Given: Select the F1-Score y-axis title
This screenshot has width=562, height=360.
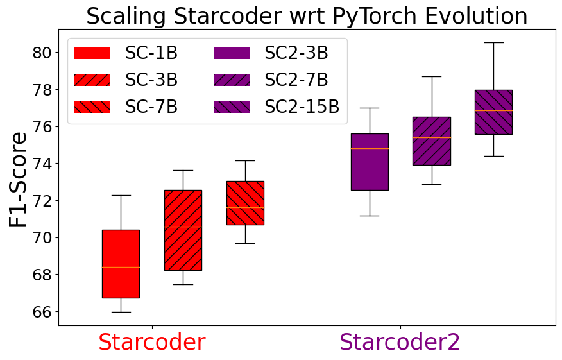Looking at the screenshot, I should click(19, 179).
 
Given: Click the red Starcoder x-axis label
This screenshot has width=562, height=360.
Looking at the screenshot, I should click(151, 342).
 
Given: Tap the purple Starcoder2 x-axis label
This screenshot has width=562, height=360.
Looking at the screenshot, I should click(400, 342).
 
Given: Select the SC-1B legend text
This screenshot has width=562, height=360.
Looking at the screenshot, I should click(151, 53).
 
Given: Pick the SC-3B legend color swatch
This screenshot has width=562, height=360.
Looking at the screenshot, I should click(92, 80).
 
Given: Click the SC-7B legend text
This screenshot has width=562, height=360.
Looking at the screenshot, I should click(151, 107).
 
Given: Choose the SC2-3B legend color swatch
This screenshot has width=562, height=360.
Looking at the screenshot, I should click(231, 53).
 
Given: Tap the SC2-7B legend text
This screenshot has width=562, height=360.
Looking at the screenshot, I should click(296, 80).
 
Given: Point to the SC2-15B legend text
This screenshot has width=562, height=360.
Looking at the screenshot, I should click(302, 107).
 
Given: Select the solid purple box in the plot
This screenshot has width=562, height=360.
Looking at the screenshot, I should click(370, 162).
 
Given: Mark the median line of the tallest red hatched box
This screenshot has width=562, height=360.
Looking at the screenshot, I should click(183, 227).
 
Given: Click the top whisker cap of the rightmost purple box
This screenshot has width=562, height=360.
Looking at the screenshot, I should click(493, 42).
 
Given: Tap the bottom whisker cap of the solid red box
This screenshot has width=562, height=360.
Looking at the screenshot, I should click(121, 312).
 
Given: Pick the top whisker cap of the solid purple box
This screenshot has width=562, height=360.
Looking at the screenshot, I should click(370, 108).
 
